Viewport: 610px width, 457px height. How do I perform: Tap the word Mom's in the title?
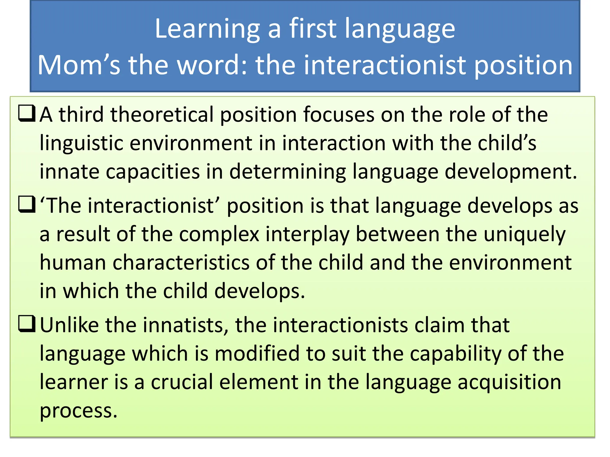click(x=79, y=65)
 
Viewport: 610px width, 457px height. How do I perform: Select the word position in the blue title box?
click(x=523, y=65)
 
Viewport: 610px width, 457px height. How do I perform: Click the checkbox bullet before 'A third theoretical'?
click(x=27, y=114)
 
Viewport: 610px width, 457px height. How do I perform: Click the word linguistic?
click(x=81, y=143)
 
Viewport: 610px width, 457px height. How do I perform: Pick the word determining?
click(x=288, y=172)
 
